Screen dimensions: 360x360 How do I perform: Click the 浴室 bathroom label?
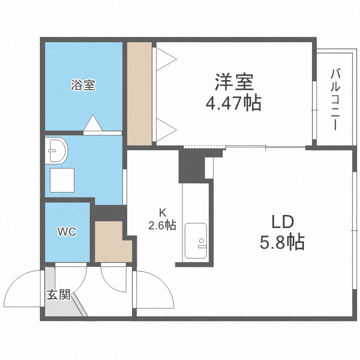coord(83,86)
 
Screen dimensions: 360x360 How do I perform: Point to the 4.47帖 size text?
coord(234,103)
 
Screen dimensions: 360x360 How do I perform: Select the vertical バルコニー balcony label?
coord(336,100)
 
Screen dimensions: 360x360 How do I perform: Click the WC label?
coord(67,232)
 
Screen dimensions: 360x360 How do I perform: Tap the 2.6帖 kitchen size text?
coord(162,225)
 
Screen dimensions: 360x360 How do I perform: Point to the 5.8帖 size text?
coord(282,243)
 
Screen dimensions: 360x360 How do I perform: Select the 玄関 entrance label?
coord(59,294)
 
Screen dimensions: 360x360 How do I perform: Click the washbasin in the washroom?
coord(57,151)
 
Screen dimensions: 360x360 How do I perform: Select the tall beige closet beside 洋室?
coord(139,94)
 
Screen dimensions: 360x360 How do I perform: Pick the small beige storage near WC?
coord(112,243)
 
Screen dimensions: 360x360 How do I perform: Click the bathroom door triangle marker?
coord(93,123)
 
